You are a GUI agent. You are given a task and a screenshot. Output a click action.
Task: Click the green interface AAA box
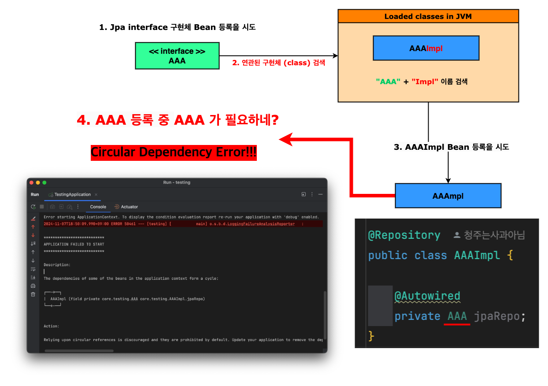pos(177,56)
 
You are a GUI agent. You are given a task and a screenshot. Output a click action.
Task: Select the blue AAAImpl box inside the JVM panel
pos(426,48)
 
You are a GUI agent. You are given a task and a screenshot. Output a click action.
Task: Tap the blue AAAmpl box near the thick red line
pos(448,196)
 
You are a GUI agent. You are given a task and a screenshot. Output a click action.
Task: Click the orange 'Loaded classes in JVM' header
pos(428,17)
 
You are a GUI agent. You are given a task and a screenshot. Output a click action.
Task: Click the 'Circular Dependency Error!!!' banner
pos(174,152)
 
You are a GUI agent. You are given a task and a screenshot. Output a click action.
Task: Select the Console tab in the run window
pos(98,207)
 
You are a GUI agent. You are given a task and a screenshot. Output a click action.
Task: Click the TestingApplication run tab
pos(72,194)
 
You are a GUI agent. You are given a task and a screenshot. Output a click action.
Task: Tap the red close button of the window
pos(32,182)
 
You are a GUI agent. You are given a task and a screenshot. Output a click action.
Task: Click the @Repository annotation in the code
pos(404,235)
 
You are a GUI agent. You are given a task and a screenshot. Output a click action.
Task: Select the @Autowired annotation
pos(427,296)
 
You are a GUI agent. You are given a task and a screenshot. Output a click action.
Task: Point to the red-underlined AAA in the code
pos(457,316)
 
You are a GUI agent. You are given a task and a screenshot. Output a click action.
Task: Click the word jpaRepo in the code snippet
pos(497,316)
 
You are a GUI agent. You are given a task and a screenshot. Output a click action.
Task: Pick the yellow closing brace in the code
pos(371,336)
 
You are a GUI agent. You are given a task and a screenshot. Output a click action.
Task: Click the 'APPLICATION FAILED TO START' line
pos(74,244)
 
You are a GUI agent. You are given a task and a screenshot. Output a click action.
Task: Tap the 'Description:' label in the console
pos(57,265)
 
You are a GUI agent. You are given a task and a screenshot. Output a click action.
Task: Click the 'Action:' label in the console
pos(52,326)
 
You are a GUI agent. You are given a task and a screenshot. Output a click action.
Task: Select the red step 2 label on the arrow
pos(278,63)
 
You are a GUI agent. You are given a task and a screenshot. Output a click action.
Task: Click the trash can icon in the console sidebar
pos(33,294)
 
